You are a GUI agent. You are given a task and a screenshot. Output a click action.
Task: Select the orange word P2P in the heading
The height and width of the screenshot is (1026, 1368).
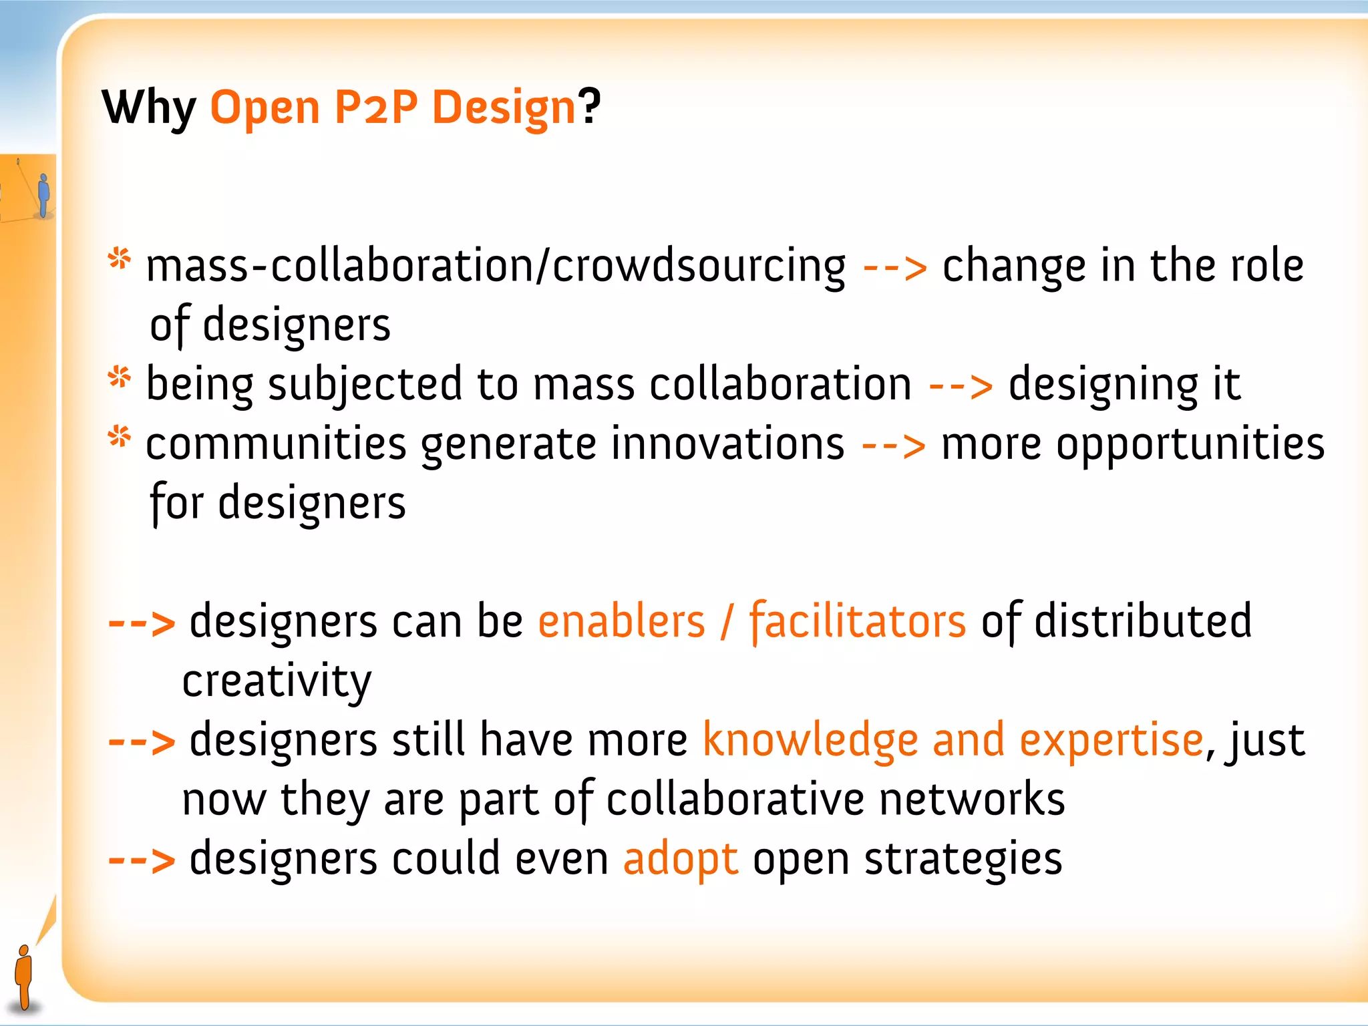[375, 107]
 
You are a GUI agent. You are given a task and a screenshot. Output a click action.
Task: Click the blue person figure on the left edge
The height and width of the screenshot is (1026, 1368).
[44, 195]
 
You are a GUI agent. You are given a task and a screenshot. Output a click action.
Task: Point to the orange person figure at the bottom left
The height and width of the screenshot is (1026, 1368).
[24, 976]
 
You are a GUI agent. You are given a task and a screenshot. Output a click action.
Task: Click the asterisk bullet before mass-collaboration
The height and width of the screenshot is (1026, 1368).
[120, 259]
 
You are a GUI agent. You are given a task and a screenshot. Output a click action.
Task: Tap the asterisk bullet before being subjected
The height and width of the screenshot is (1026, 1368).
[120, 377]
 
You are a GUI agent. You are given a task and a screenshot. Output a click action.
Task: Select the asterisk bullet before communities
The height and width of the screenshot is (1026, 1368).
[120, 437]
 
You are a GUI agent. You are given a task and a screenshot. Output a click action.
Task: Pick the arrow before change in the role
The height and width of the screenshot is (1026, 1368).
[894, 267]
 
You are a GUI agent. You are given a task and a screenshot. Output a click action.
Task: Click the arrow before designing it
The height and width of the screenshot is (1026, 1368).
[960, 386]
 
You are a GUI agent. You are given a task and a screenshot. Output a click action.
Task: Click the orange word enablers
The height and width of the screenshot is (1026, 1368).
[621, 621]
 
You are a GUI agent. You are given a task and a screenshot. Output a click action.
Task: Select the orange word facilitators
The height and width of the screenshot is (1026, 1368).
[857, 621]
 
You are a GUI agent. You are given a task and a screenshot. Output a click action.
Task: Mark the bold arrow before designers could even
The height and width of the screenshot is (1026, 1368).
[142, 860]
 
